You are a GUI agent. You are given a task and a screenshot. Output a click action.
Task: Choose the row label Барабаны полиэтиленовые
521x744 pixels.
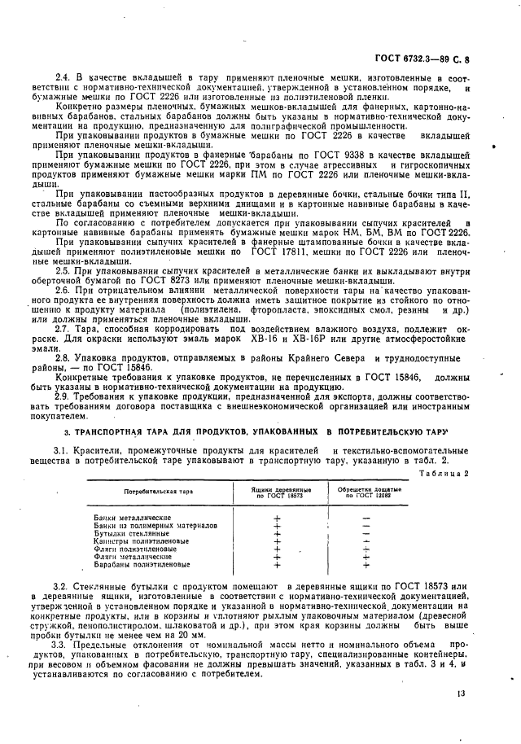click(142, 563)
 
